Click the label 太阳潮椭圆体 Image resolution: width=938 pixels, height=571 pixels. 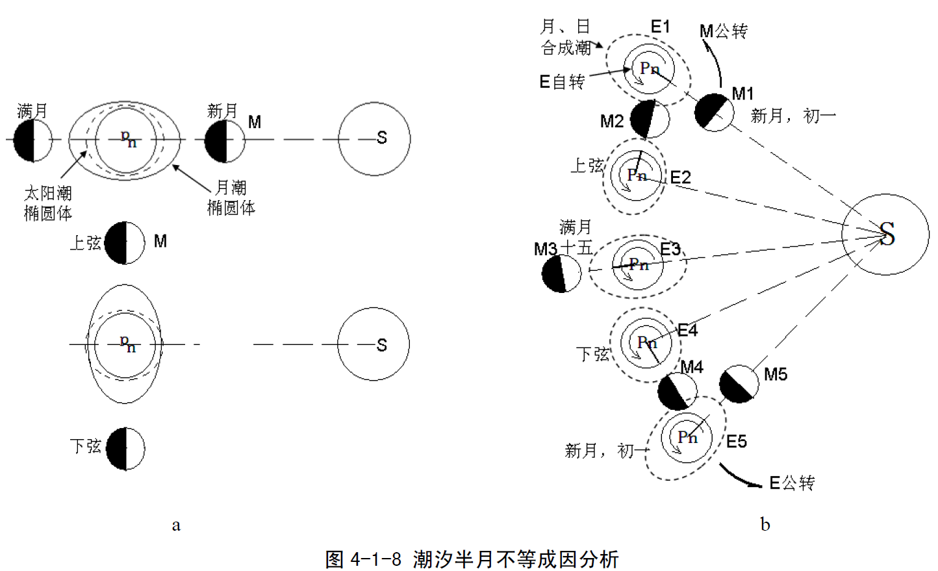pos(47,203)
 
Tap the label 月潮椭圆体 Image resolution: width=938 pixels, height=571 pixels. pos(231,197)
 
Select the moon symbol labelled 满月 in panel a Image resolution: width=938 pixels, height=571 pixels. pos(32,140)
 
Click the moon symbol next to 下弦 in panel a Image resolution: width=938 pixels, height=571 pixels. pos(125,448)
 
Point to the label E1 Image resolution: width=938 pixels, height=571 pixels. pos(660,27)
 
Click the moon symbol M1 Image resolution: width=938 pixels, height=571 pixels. pos(714,112)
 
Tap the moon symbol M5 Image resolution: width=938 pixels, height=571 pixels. pos(739,384)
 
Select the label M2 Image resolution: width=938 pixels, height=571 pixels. pos(612,121)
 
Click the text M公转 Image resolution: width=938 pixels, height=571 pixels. pos(723,31)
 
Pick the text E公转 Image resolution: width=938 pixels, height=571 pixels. pos(791,483)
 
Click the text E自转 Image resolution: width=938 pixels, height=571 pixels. pos(562,82)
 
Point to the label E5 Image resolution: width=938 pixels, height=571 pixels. pos(737,442)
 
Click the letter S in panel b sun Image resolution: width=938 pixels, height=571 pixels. pos(887,234)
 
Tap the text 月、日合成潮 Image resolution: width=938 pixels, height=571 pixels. pos(565,37)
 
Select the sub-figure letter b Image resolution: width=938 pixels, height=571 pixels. pos(765,524)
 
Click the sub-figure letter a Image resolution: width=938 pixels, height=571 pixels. pos(176,525)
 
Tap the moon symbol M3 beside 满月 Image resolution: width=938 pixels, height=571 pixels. pos(561,273)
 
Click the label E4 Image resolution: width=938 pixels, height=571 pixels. pos(687,331)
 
